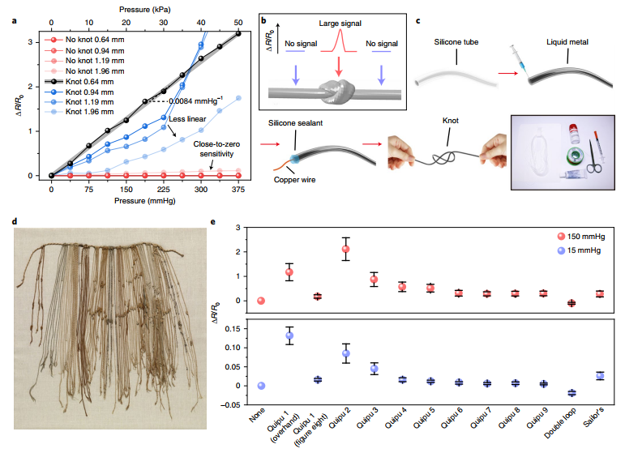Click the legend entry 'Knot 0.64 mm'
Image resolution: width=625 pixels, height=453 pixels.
[x=92, y=83]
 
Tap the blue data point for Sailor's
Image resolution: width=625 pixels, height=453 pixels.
[x=600, y=375]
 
